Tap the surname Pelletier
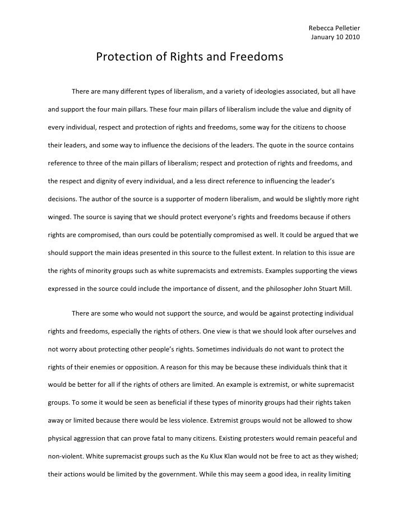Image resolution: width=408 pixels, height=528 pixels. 348,29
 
